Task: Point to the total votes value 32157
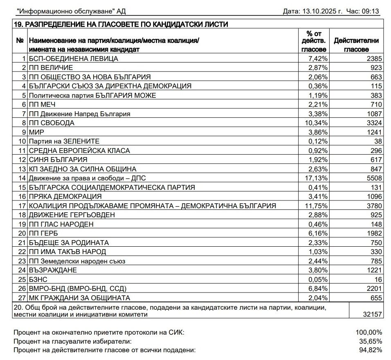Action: click(x=373, y=315)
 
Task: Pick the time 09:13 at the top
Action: click(x=373, y=11)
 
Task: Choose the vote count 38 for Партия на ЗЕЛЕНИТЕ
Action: click(x=378, y=141)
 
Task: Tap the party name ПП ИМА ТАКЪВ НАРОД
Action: click(x=67, y=252)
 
